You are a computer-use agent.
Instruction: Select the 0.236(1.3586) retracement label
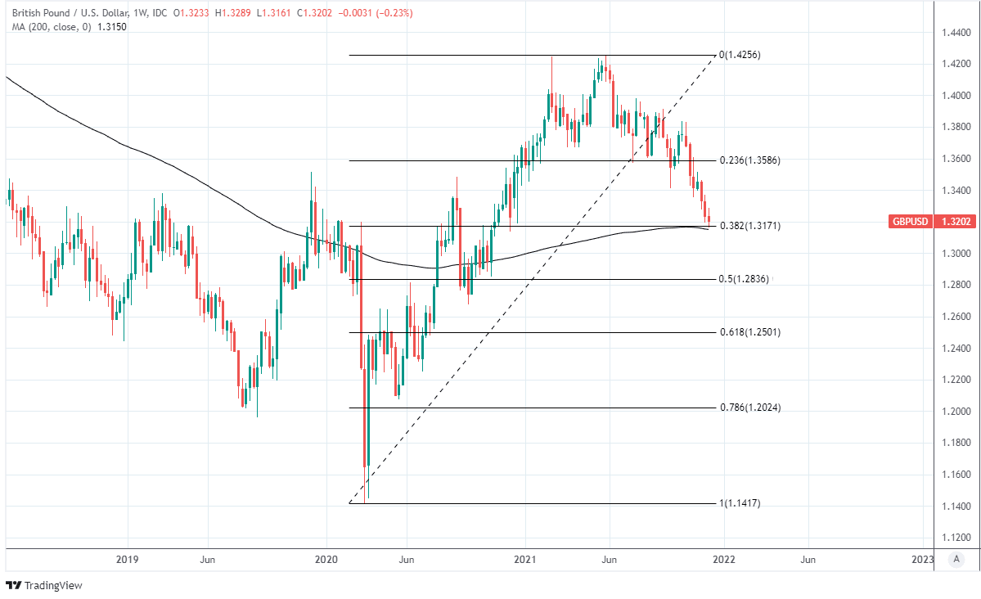click(749, 160)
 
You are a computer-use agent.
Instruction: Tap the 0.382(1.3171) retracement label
click(749, 225)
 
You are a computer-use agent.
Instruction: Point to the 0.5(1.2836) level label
click(745, 279)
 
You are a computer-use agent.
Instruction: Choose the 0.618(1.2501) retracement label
click(749, 332)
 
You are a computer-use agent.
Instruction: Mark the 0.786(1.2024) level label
click(749, 408)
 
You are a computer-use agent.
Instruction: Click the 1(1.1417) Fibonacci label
click(740, 503)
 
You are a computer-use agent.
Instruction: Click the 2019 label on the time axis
click(128, 560)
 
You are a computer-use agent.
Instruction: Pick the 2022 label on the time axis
click(723, 560)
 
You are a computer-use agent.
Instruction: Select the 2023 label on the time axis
click(922, 560)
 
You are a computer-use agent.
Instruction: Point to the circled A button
click(955, 560)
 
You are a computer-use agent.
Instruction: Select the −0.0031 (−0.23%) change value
click(382, 13)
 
